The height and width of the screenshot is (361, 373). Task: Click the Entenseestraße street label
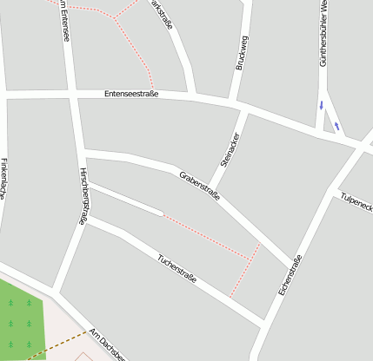130,94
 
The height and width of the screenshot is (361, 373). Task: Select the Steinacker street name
230,148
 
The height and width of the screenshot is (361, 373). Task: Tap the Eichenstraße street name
290,275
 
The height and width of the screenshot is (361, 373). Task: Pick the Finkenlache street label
4,179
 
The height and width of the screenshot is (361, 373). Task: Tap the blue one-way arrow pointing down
322,106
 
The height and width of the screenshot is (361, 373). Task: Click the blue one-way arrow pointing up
336,126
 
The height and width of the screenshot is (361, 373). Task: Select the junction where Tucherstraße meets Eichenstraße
263,326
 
